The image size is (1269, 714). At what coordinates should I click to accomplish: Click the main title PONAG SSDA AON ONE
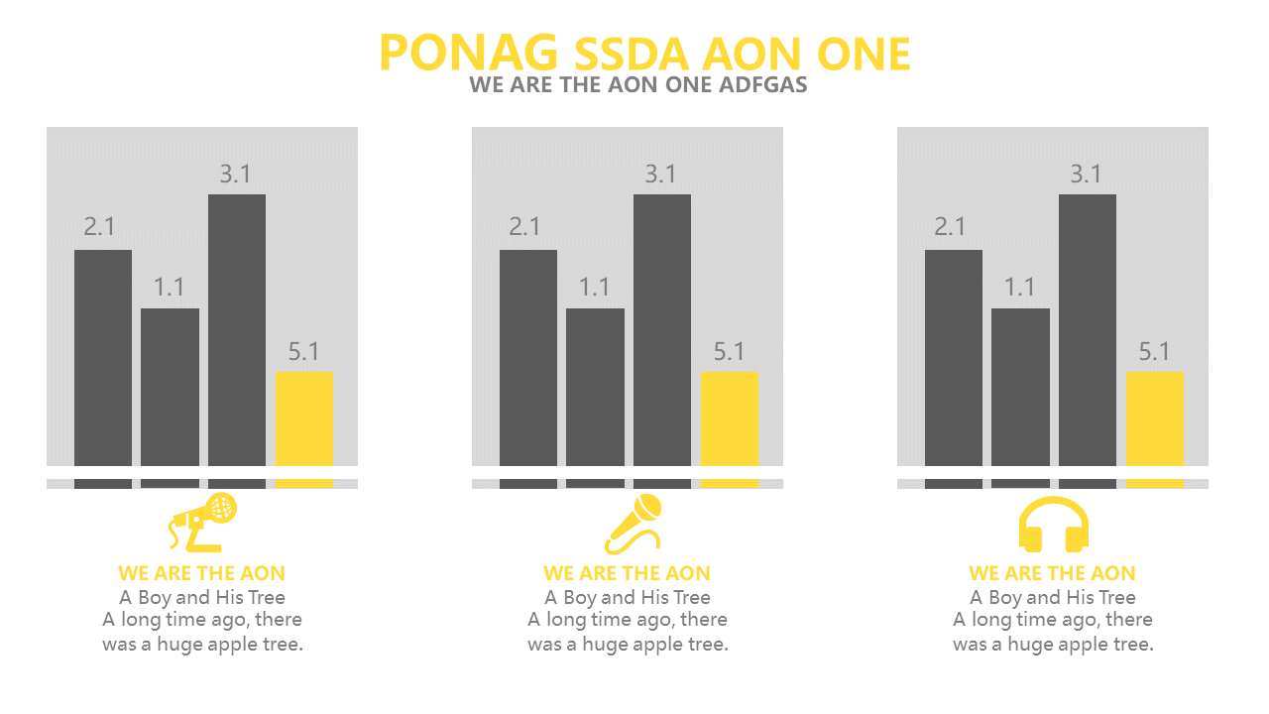(x=644, y=53)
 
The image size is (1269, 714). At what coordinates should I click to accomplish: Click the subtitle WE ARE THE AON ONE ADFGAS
(x=638, y=84)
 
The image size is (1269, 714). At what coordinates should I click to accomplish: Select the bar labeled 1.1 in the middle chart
(x=595, y=387)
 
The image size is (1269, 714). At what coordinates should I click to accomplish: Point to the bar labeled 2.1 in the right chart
(x=954, y=357)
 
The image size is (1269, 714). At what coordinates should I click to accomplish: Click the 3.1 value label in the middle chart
(x=660, y=175)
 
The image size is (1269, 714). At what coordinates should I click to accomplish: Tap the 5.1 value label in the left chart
(x=303, y=352)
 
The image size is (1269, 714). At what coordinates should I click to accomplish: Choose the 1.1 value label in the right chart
(x=1019, y=288)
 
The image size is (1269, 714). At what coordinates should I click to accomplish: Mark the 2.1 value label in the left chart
(x=99, y=227)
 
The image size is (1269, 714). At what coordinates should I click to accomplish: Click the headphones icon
(x=1054, y=525)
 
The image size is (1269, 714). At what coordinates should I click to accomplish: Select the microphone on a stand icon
(x=204, y=522)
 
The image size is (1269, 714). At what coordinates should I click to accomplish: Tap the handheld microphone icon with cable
(x=633, y=524)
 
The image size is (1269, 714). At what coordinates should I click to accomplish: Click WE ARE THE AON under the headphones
(x=1052, y=573)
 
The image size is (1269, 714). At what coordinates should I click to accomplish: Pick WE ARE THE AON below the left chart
(x=201, y=573)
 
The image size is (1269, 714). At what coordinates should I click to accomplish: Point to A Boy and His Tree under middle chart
(x=628, y=597)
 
